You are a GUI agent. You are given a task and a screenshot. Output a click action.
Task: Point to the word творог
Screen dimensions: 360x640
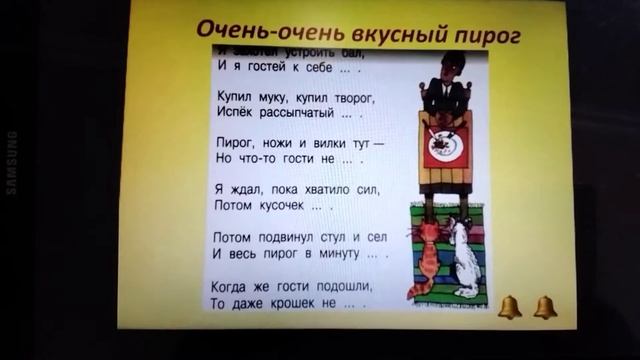(x=351, y=96)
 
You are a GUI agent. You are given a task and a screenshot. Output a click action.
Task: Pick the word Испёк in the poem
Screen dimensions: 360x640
(x=232, y=115)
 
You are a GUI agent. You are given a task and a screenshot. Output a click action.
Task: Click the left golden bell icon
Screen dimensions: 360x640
(x=509, y=307)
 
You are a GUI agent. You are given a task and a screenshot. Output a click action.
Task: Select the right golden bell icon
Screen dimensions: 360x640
(x=545, y=307)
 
